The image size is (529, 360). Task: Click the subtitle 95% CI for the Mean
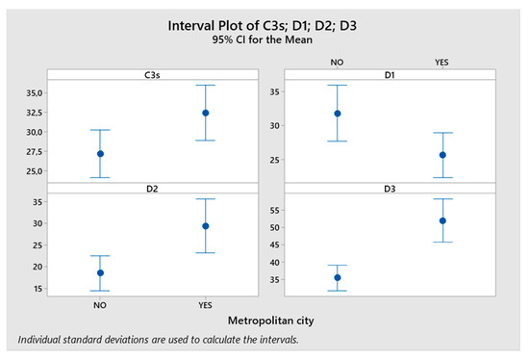tap(264, 42)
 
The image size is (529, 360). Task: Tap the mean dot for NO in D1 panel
tap(337, 114)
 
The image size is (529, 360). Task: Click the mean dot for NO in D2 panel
tap(100, 272)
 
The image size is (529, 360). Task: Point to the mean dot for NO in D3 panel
tap(337, 277)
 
